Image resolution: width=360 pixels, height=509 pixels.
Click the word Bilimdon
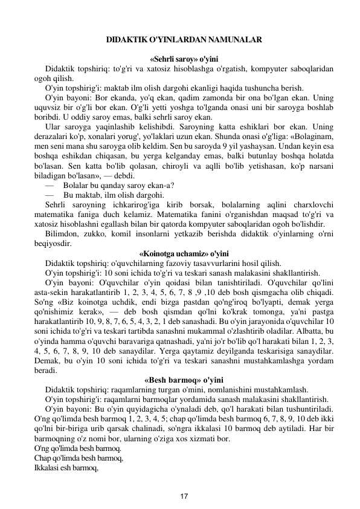(62, 234)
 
